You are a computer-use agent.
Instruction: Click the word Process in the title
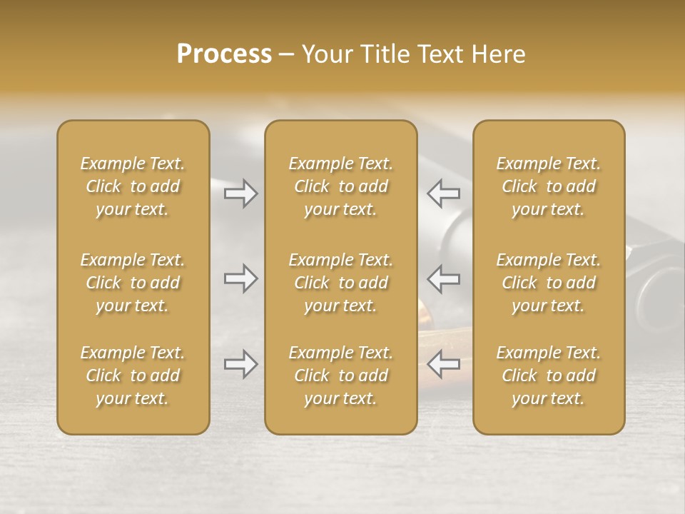coord(224,54)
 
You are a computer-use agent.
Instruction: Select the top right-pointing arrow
coord(240,193)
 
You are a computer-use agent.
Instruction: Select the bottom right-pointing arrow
coord(240,364)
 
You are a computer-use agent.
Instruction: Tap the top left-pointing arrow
coord(443,193)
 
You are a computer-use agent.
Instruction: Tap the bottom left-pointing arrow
coord(443,364)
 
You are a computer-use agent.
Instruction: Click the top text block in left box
coord(133,186)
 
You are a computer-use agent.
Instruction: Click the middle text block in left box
coord(133,283)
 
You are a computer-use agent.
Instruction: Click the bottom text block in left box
coord(133,376)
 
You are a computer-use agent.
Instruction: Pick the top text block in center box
coord(340,186)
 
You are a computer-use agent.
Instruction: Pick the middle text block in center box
coord(340,283)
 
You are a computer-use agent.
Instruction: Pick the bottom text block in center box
coord(340,376)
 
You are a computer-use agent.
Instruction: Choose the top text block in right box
coord(549,186)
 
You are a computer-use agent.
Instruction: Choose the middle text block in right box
coord(549,283)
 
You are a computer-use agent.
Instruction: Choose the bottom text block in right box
coord(549,376)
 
